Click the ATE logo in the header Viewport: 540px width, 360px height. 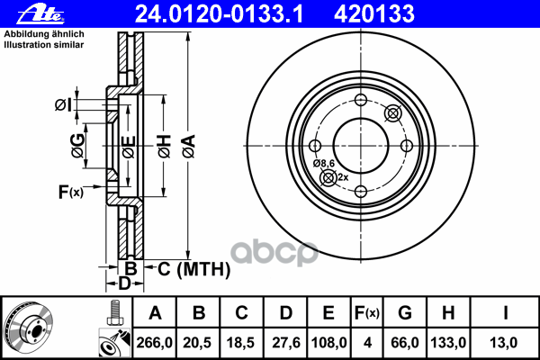coord(40,13)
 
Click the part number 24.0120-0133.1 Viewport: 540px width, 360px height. coord(219,13)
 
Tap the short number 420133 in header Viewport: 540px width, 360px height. coord(374,13)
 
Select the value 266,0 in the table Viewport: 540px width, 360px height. coord(154,343)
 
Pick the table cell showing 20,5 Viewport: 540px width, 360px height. coord(197,343)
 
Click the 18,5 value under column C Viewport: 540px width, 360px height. coord(240,343)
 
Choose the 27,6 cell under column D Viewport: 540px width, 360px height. coord(286,343)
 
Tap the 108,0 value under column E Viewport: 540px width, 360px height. coord(328,343)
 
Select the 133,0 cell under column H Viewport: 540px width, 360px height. coord(448,343)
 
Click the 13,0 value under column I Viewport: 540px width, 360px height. coord(504,343)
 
